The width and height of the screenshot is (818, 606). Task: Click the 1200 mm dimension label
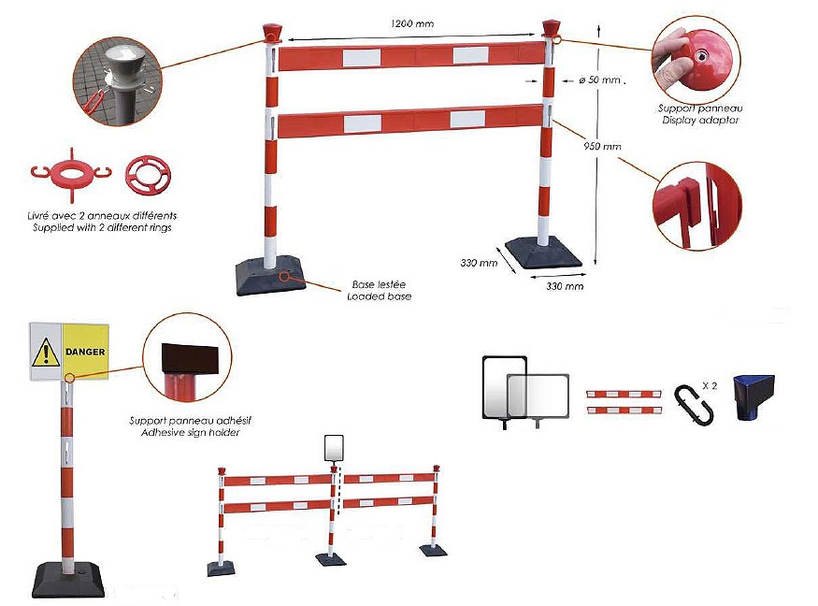412,23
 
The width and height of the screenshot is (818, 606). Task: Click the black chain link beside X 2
693,398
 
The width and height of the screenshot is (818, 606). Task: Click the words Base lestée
379,284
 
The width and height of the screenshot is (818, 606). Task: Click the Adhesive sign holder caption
193,433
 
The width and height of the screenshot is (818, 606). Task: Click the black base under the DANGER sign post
67,577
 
